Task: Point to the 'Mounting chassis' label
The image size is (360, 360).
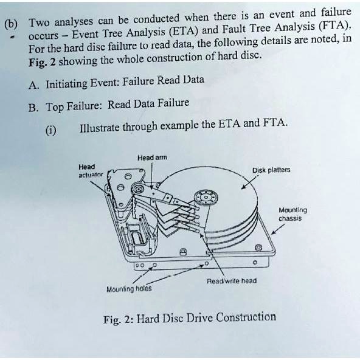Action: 292,213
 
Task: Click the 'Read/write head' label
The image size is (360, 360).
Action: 232,280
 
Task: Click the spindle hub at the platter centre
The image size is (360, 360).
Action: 206,198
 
